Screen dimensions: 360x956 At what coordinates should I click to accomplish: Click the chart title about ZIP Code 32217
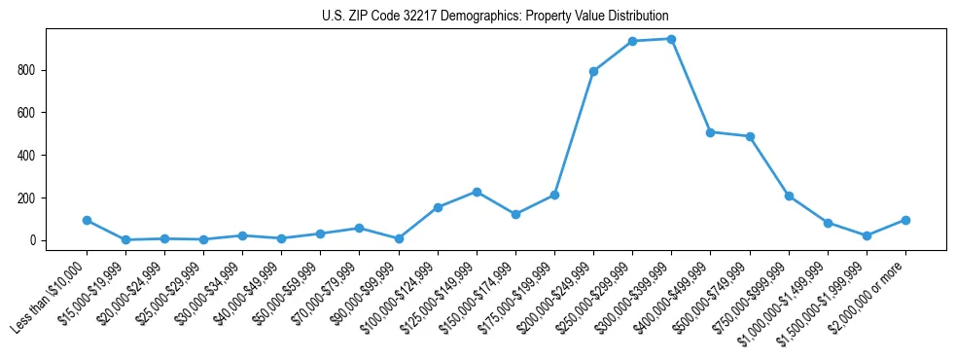495,17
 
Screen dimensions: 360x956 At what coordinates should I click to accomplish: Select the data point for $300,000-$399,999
671,39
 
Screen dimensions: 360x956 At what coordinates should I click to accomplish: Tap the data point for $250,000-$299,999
632,41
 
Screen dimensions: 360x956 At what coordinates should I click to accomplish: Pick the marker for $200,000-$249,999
593,71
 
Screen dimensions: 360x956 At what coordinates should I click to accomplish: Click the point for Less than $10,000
87,220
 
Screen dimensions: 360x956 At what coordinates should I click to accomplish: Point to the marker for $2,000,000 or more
905,220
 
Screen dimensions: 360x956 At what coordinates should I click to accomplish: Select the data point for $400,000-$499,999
711,132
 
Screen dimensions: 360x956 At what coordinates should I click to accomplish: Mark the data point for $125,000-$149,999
477,192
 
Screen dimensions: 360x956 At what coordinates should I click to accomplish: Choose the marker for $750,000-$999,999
789,196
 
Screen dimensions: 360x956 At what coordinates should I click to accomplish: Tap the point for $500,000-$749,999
750,136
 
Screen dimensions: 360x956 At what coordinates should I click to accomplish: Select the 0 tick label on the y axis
32,240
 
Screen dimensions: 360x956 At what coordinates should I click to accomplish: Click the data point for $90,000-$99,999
399,238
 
